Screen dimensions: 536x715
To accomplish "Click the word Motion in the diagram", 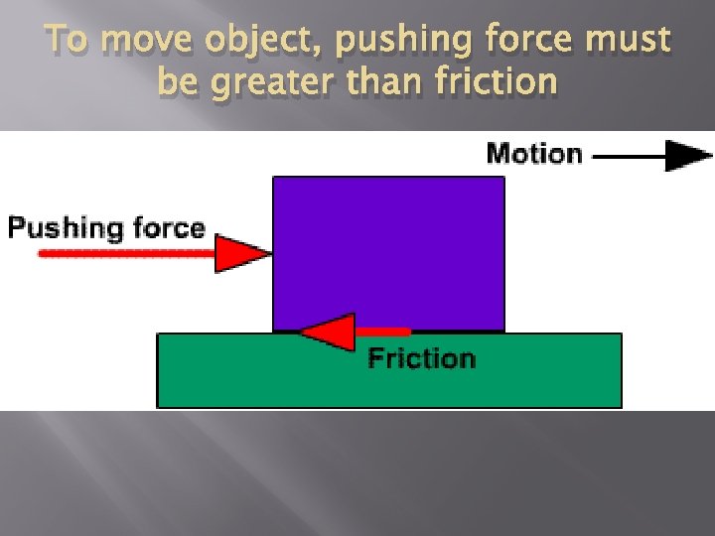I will click(x=533, y=154).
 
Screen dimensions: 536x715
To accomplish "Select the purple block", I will click(x=388, y=252).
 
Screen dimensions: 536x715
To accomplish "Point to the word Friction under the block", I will click(x=421, y=358).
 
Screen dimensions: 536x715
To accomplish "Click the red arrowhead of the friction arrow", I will click(x=329, y=332).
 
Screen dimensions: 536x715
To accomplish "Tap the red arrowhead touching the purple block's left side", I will click(x=242, y=253).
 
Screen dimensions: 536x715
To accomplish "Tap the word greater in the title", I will click(x=269, y=81).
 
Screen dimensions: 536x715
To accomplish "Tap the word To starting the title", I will click(x=67, y=42).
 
